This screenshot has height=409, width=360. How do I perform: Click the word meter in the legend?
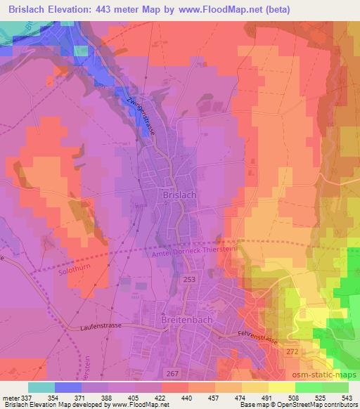pos(11,397)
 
